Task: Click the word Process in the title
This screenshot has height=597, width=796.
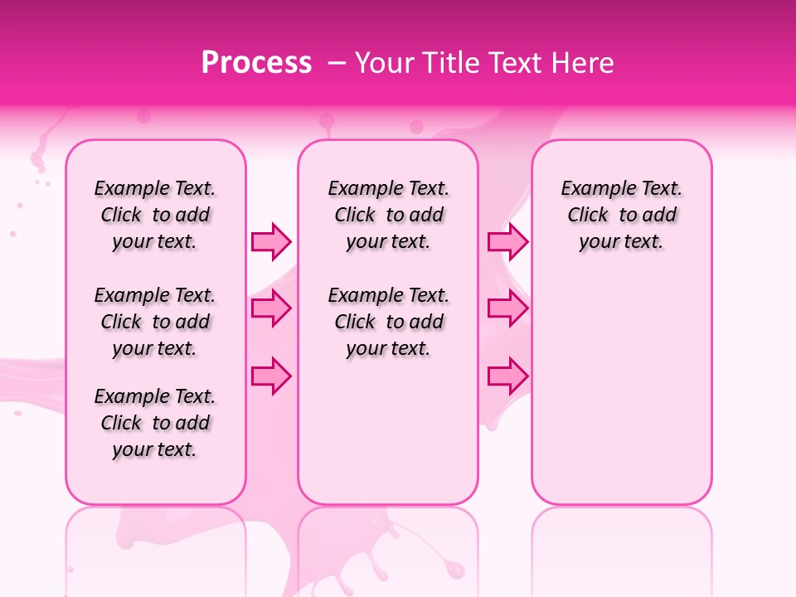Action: click(256, 63)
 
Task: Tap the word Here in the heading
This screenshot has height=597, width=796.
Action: click(585, 63)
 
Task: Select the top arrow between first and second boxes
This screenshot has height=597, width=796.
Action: click(271, 241)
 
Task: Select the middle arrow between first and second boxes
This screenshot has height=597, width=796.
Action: click(271, 309)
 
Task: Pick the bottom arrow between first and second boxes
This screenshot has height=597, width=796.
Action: click(271, 376)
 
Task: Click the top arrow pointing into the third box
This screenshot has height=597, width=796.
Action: click(507, 241)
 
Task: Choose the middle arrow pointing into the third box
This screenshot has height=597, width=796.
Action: click(507, 309)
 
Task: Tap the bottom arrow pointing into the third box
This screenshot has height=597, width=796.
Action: click(507, 376)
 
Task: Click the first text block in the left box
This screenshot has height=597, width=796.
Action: click(155, 215)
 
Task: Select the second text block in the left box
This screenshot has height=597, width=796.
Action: click(155, 322)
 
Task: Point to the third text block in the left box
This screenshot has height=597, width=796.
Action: click(155, 423)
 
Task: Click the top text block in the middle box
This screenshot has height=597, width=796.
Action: click(389, 215)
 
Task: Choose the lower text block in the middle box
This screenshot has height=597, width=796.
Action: click(389, 322)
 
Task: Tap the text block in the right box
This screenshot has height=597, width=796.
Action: click(622, 215)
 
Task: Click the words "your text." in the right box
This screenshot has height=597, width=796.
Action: click(622, 242)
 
